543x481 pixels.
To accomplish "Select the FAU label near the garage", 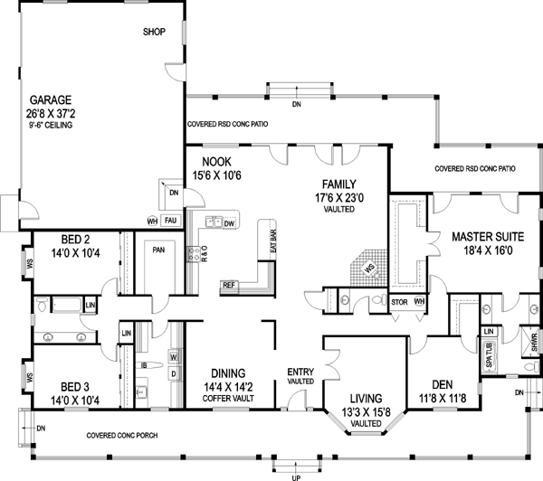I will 170,220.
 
